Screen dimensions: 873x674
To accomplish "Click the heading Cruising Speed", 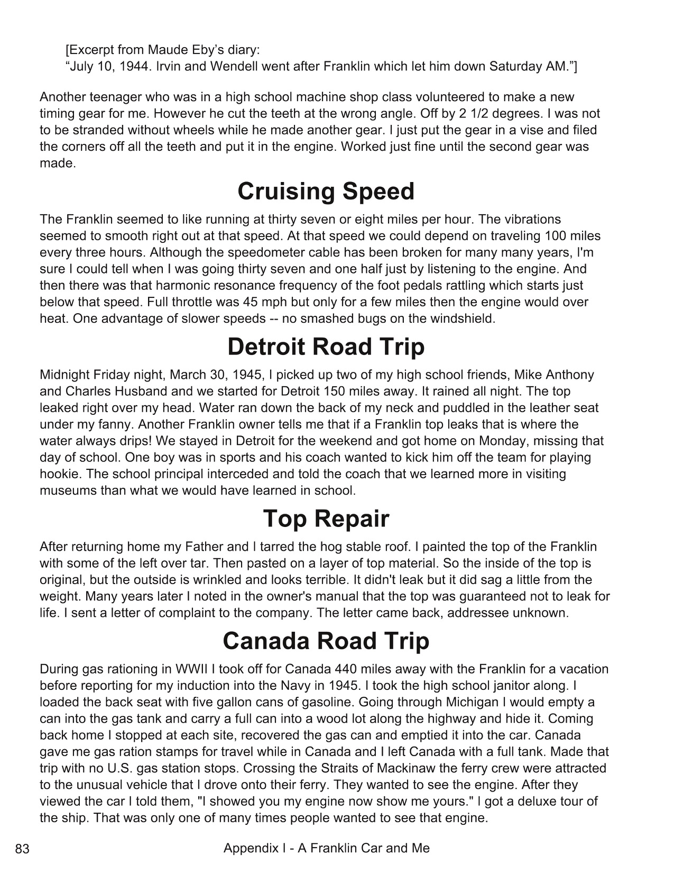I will coord(326,192).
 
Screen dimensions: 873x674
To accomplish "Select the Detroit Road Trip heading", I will coord(326,347).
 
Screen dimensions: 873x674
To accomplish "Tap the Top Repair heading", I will coord(326,519).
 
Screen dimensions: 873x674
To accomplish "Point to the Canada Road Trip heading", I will coord(326,641).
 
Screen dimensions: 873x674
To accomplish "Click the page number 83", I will coord(22,849).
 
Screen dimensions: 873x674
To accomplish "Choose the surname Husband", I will coord(133,391).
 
